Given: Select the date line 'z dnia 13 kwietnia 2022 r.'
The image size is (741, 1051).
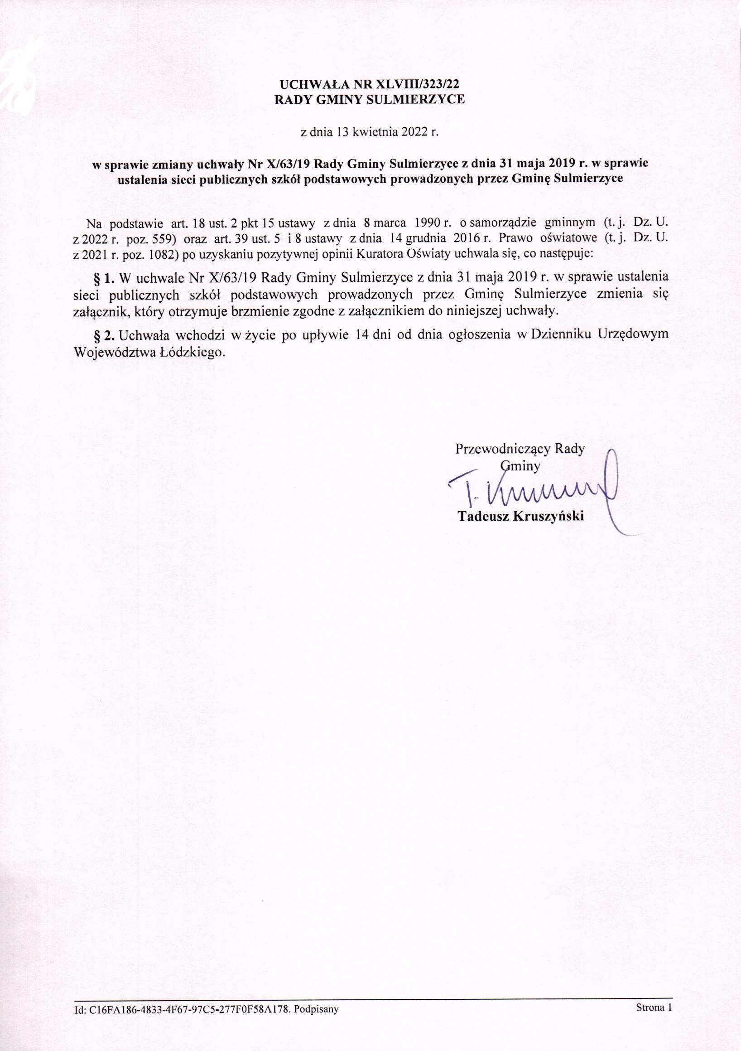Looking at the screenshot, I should click(x=369, y=133).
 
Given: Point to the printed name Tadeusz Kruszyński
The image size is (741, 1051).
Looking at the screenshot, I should click(x=521, y=517).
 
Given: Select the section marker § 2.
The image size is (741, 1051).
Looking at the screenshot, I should click(x=103, y=335).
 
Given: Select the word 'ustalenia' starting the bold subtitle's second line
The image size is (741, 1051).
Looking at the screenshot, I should click(x=140, y=179).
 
